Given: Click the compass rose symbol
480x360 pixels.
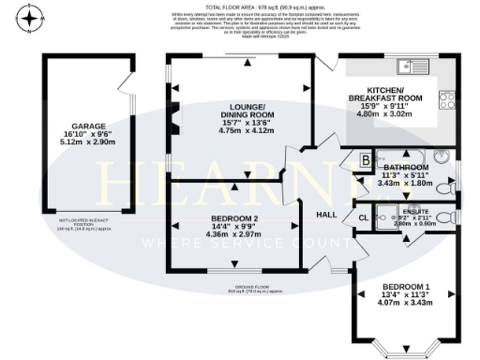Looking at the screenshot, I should click(x=31, y=18).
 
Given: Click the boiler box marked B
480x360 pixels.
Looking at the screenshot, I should click(x=365, y=160).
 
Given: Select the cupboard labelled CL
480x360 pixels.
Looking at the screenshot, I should click(x=363, y=218).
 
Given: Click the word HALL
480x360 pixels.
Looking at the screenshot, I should click(x=325, y=216).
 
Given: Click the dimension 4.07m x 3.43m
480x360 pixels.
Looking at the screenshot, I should click(x=406, y=305).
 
